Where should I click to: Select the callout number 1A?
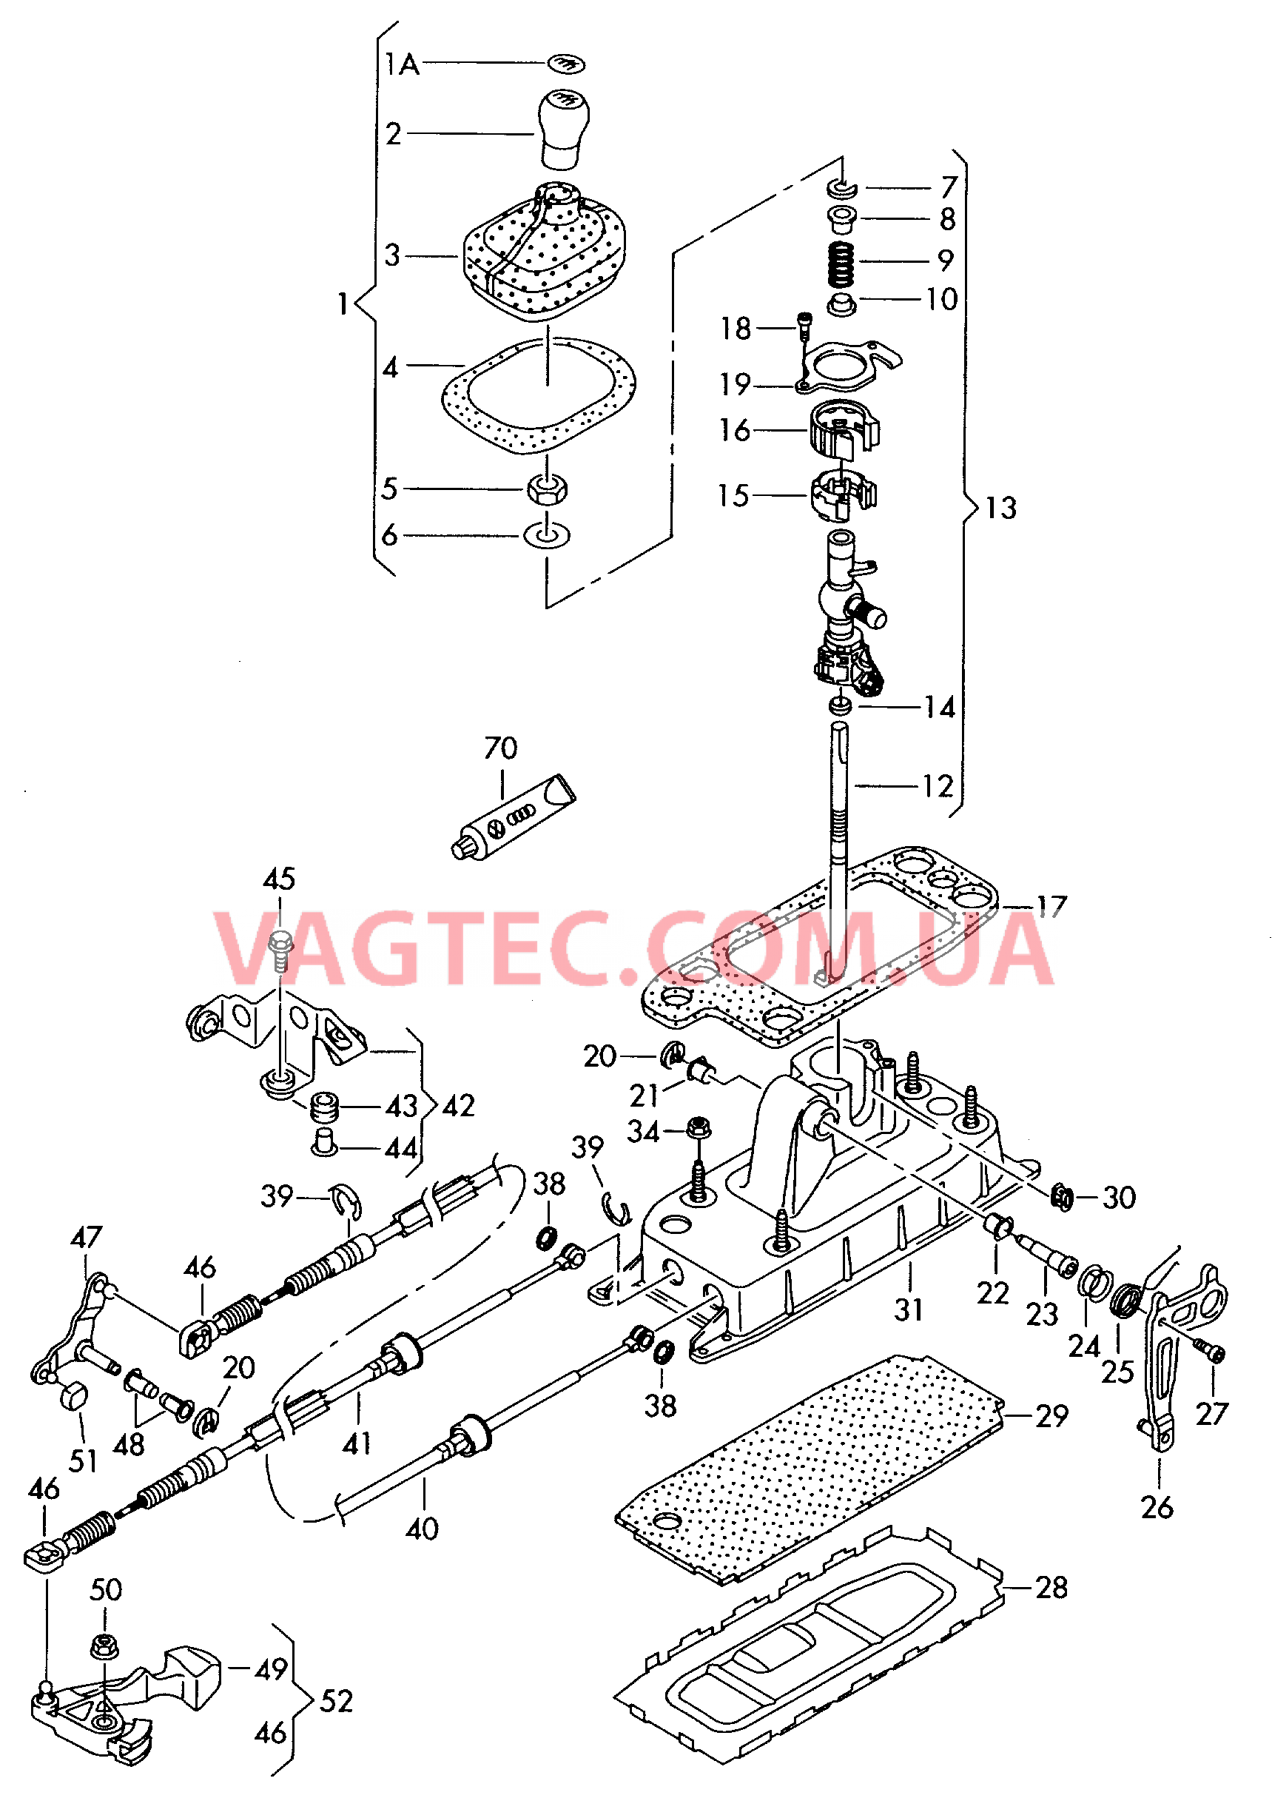(x=401, y=64)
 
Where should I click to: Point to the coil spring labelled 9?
(x=841, y=264)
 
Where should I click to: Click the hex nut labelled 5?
(x=546, y=489)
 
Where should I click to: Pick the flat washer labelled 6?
(x=546, y=535)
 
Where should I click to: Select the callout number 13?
(x=1000, y=509)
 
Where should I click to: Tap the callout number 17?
(x=1051, y=907)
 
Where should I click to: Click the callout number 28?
(x=1051, y=1588)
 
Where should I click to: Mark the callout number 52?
(x=337, y=1701)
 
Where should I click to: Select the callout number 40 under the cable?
(x=422, y=1528)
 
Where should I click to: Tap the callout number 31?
(x=909, y=1309)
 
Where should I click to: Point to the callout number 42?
(x=458, y=1106)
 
